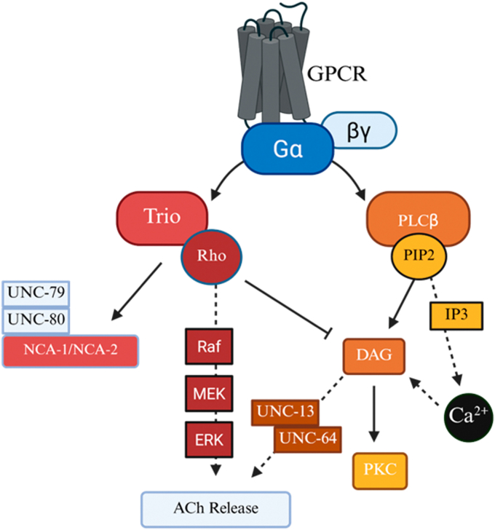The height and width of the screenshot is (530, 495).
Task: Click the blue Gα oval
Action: click(x=288, y=149)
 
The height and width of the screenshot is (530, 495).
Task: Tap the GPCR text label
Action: click(x=336, y=74)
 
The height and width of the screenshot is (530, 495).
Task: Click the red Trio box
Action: click(x=162, y=218)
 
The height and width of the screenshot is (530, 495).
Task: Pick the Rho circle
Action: click(x=212, y=256)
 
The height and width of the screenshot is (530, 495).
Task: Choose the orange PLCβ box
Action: click(x=419, y=219)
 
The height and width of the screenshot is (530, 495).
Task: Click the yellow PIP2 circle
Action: click(x=419, y=256)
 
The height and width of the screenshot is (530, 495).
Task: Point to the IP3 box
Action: click(x=456, y=316)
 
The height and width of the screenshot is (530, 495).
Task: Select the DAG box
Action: click(x=374, y=356)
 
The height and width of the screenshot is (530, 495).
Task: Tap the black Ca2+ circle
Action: click(x=468, y=417)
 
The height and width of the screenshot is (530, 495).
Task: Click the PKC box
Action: click(x=380, y=471)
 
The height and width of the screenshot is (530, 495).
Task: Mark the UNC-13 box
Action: click(x=285, y=412)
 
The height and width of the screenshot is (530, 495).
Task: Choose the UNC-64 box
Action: click(x=307, y=440)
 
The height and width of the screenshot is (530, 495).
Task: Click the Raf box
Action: click(x=209, y=347)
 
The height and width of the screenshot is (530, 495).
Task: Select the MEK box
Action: click(x=209, y=393)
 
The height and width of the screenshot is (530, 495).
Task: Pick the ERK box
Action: click(x=209, y=440)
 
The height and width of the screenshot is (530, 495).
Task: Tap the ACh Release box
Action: click(x=216, y=509)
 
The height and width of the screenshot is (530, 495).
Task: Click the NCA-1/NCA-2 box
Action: click(x=71, y=351)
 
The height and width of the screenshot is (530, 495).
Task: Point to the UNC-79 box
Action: click(x=36, y=293)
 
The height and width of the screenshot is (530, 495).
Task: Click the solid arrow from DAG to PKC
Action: click(x=373, y=414)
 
